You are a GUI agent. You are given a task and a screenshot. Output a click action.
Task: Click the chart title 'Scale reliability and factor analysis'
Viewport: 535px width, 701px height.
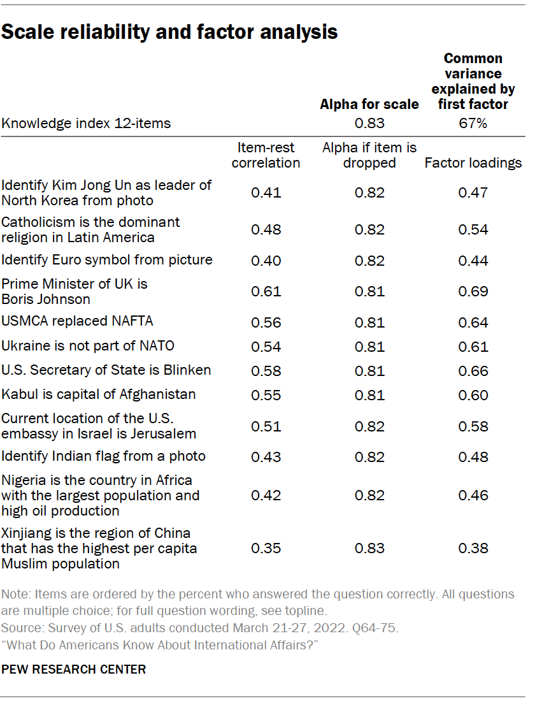click(169, 33)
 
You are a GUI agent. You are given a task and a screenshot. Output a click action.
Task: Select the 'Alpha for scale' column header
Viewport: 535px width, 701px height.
click(369, 104)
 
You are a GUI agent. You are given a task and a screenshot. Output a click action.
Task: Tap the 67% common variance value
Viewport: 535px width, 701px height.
click(473, 124)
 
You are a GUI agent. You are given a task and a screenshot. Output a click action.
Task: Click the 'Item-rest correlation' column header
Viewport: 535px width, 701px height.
click(266, 155)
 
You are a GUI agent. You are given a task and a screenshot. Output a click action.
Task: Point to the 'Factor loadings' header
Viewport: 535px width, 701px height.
click(473, 163)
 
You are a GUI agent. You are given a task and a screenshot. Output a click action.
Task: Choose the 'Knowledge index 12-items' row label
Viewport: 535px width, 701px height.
click(86, 124)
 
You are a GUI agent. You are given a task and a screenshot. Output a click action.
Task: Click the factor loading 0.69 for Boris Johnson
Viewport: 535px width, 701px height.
click(473, 291)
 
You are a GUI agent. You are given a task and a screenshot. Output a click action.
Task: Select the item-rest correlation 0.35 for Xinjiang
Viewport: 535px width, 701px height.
click(266, 548)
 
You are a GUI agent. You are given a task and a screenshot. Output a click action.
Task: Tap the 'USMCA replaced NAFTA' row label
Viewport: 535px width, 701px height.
click(77, 321)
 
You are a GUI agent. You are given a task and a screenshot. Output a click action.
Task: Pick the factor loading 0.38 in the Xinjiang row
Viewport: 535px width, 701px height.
click(473, 548)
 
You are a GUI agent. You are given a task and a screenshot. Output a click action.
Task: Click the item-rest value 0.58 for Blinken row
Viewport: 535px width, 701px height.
click(266, 370)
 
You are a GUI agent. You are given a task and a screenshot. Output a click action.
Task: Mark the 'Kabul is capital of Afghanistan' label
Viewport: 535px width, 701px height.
click(98, 394)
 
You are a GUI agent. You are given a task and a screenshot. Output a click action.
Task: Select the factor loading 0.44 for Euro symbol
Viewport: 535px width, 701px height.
click(473, 260)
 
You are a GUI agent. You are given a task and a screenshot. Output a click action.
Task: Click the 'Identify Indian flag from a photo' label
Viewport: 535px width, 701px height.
click(103, 456)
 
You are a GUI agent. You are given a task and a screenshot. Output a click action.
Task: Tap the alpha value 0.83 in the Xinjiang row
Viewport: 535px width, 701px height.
click(369, 548)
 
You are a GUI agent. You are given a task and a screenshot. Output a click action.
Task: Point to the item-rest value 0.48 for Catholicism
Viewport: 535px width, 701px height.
click(266, 229)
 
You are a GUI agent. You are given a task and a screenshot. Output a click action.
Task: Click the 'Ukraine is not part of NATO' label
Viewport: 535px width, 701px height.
click(88, 346)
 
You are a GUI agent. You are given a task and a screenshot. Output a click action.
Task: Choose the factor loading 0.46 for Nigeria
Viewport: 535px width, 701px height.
click(473, 495)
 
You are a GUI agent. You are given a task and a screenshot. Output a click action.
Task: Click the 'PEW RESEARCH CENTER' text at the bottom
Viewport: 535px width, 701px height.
click(74, 669)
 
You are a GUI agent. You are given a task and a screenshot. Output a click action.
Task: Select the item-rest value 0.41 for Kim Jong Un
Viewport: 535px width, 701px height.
click(266, 192)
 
